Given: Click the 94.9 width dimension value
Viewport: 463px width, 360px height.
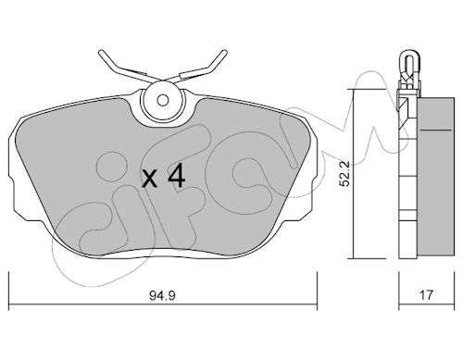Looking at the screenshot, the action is pyautogui.click(x=162, y=296).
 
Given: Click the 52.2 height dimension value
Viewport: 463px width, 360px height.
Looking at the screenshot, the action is pyautogui.click(x=344, y=174).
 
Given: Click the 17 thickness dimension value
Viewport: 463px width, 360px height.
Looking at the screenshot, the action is pyautogui.click(x=427, y=295).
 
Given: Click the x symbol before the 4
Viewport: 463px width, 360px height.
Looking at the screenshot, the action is pyautogui.click(x=149, y=180).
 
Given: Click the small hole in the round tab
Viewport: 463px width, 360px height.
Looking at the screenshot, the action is pyautogui.click(x=162, y=100).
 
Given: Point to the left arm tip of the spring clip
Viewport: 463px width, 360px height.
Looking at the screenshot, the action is pyautogui.click(x=100, y=53).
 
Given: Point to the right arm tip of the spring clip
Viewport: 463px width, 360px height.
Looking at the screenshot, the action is pyautogui.click(x=225, y=51).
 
